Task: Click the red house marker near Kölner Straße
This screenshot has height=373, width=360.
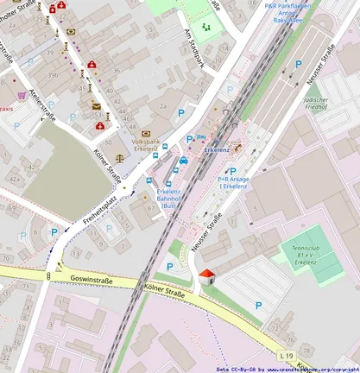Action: [x=206, y=275]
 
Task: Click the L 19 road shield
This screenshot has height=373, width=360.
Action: [x=287, y=355]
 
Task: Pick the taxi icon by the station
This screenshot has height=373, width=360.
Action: [x=184, y=160]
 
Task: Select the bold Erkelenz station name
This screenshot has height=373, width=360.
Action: [x=217, y=149]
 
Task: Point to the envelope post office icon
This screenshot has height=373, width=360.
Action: [x=97, y=106]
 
